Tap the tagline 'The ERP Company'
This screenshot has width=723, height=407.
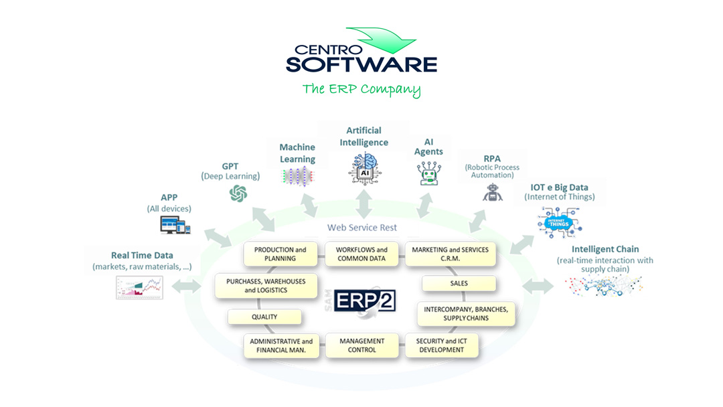pos(361,89)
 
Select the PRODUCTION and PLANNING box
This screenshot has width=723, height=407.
pos(280,254)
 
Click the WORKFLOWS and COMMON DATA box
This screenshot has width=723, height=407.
pos(362,254)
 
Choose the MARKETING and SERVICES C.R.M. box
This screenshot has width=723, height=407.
pos(450,254)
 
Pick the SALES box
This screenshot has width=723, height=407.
pos(459,283)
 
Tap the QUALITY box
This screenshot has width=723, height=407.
pos(264,317)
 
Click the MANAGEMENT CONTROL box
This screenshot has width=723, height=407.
pos(362,345)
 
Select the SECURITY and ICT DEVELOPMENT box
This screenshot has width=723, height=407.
pos(441,345)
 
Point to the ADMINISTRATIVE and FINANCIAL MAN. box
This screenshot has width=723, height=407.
pos(281,345)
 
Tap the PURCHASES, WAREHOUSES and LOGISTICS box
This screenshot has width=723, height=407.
pos(265,286)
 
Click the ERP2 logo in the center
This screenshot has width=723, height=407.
pos(366,300)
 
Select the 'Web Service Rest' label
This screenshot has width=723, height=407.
pos(361,228)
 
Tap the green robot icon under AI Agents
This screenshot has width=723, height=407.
pos(428,173)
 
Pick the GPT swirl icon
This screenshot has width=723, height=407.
pos(238,193)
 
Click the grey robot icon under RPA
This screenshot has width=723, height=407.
pos(492,192)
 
